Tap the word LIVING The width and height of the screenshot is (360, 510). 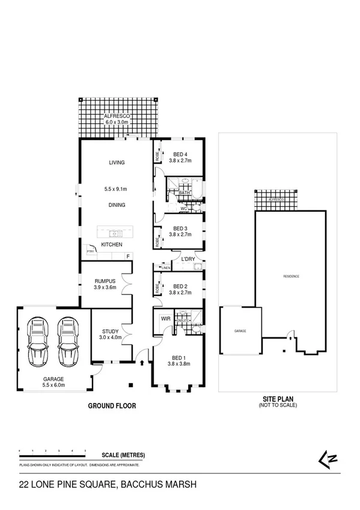pyautogui.click(x=116, y=162)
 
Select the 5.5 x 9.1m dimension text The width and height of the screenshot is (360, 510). pyautogui.click(x=116, y=189)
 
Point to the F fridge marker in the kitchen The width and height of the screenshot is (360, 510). pyautogui.click(x=127, y=256)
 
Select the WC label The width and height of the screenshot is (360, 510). pyautogui.click(x=185, y=209)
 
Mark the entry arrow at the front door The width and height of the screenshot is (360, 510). pyautogui.click(x=141, y=362)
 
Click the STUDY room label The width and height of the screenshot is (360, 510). pyautogui.click(x=110, y=331)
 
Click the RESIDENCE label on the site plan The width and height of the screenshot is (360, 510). pyautogui.click(x=291, y=276)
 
